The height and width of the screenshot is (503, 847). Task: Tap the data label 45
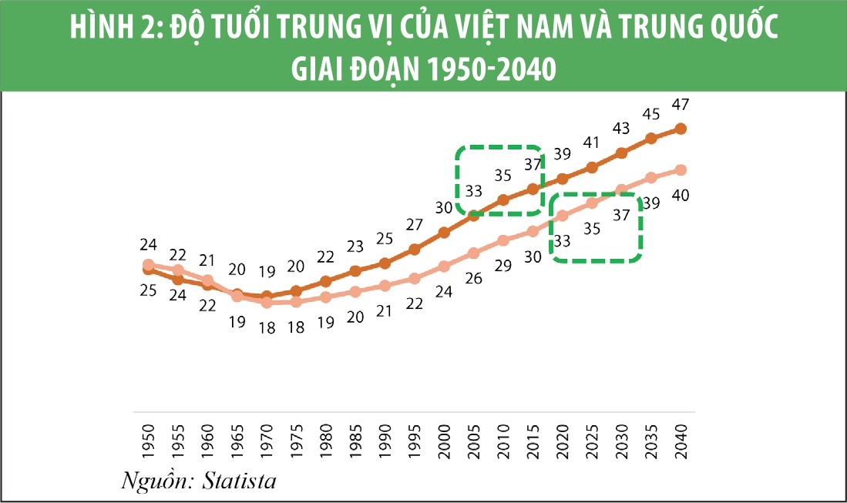[x=651, y=114]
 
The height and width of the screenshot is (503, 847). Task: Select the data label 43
[x=621, y=128]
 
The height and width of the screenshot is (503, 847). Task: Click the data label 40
[x=681, y=195]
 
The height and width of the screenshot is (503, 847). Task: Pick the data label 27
[x=415, y=225]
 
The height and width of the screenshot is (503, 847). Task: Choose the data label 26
[x=473, y=278]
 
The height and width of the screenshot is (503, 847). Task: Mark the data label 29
[x=503, y=266]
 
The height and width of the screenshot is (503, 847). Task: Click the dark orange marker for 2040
[x=681, y=129]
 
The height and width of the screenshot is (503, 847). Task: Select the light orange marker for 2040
[x=681, y=169]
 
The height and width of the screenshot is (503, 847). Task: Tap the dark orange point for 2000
[x=444, y=232]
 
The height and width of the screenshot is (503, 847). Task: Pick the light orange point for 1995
[x=415, y=278]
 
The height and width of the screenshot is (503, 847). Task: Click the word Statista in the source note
[x=239, y=482]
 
